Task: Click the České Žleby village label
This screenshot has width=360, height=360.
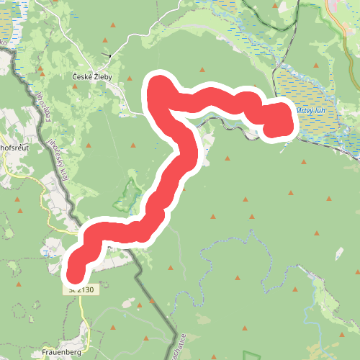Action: pyautogui.click(x=98, y=76)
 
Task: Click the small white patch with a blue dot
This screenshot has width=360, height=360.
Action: pyautogui.click(x=49, y=252)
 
